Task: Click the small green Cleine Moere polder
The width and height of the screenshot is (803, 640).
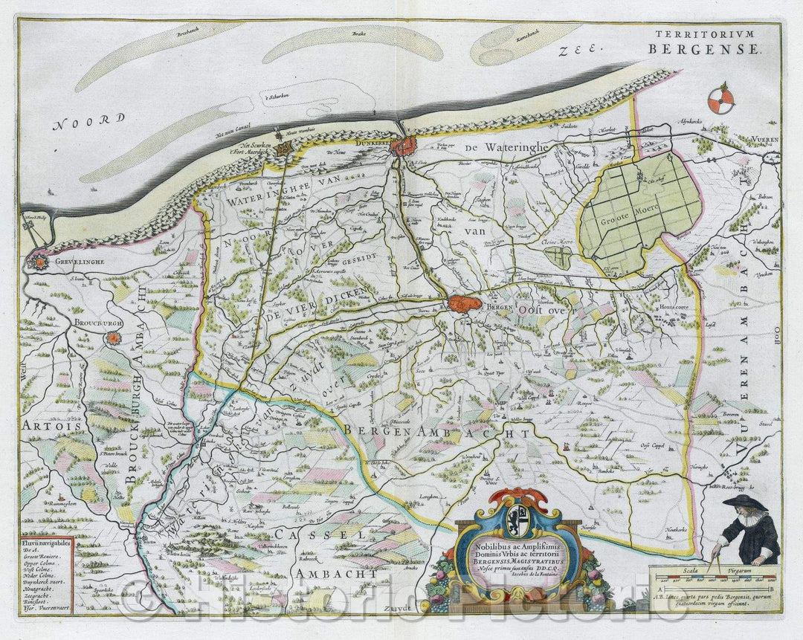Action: point(557,257)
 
